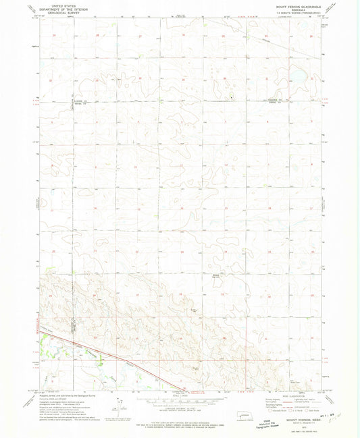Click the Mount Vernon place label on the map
tap(217, 276)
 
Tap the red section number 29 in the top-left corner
tap(53, 34)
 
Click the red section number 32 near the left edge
tap(51, 80)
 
